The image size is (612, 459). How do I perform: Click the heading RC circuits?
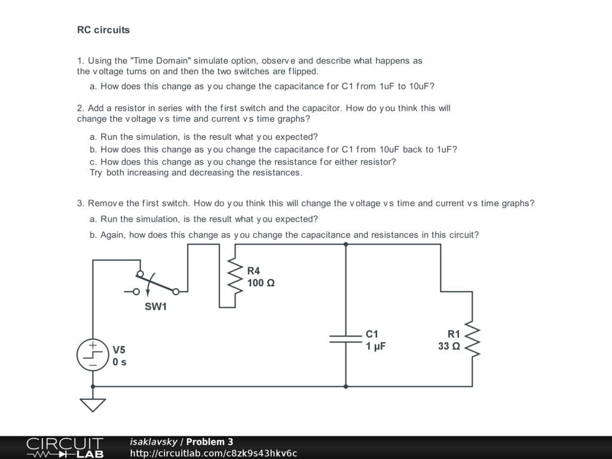click(x=103, y=30)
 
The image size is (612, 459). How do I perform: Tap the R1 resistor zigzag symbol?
click(x=472, y=339)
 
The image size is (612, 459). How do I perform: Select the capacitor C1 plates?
click(x=345, y=339)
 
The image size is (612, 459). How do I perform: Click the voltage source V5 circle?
click(x=93, y=355)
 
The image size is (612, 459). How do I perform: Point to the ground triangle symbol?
click(x=93, y=405)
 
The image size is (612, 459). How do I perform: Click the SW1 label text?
click(x=155, y=307)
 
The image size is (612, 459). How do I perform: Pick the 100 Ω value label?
click(x=261, y=283)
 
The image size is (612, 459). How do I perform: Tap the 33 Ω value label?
click(x=449, y=346)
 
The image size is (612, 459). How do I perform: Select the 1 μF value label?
click(x=376, y=346)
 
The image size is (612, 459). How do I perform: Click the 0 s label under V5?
click(x=120, y=362)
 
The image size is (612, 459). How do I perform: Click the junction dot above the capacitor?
click(x=345, y=244)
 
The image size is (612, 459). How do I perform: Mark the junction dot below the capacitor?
click(x=345, y=386)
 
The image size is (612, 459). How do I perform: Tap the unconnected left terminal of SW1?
click(x=136, y=292)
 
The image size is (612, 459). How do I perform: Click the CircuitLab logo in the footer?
click(x=65, y=448)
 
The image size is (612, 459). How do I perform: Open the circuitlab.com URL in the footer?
click(x=213, y=453)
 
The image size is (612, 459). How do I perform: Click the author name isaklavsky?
click(x=154, y=442)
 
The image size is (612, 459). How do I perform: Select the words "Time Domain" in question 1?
click(x=160, y=60)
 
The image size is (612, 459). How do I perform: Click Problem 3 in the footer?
click(x=209, y=442)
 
